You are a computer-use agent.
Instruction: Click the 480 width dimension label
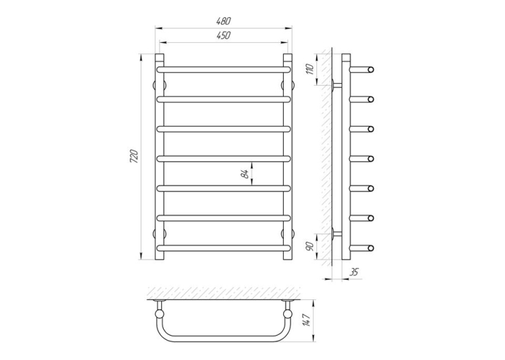tap(224, 21)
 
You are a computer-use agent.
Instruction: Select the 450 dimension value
tap(224, 36)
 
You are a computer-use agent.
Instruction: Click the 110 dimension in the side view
tap(310, 69)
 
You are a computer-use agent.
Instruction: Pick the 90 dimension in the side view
tap(310, 246)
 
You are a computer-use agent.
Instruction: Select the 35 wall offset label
tap(354, 272)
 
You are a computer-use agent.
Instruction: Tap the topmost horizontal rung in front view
tap(224, 69)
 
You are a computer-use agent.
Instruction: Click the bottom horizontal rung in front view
tap(224, 248)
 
